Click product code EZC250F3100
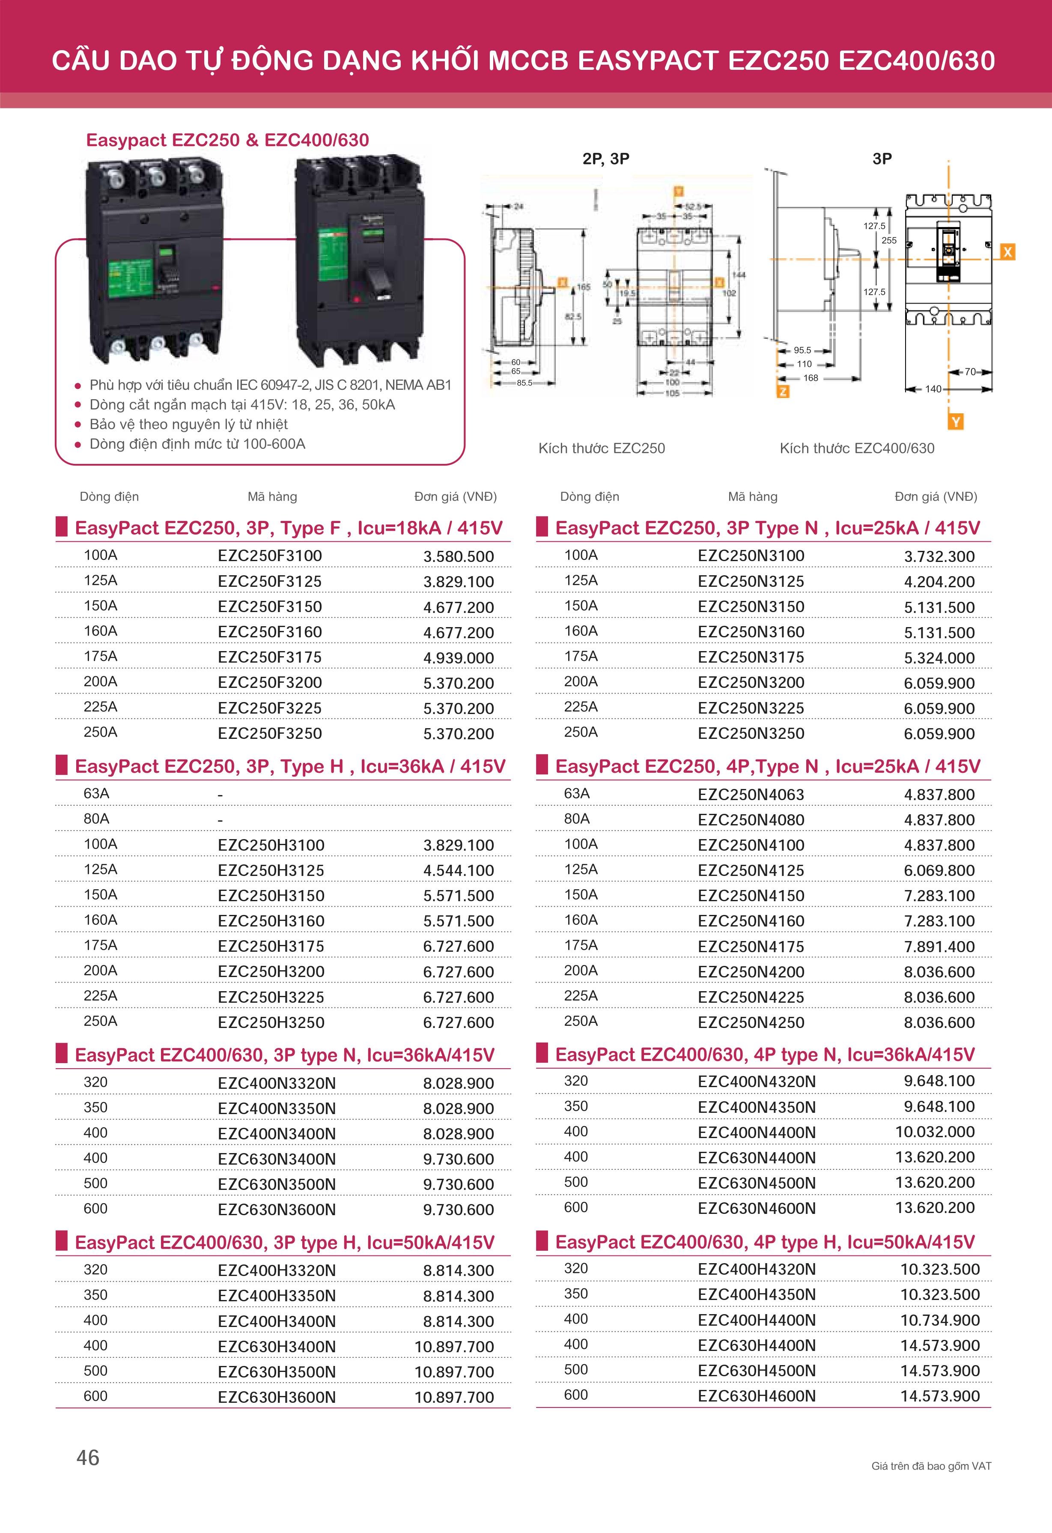coord(270,556)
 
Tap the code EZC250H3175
coord(271,946)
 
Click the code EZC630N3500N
coord(276,1184)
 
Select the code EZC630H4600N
coord(757,1396)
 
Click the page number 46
coord(88,1457)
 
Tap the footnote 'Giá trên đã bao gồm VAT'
coord(931,1466)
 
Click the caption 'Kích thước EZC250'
coord(602,448)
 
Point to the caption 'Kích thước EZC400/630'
coord(857,448)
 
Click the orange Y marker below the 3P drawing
coord(956,421)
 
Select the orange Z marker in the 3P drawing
coord(783,391)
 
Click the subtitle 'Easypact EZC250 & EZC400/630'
coord(227,140)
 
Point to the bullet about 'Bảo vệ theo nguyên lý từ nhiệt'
coord(189,424)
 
